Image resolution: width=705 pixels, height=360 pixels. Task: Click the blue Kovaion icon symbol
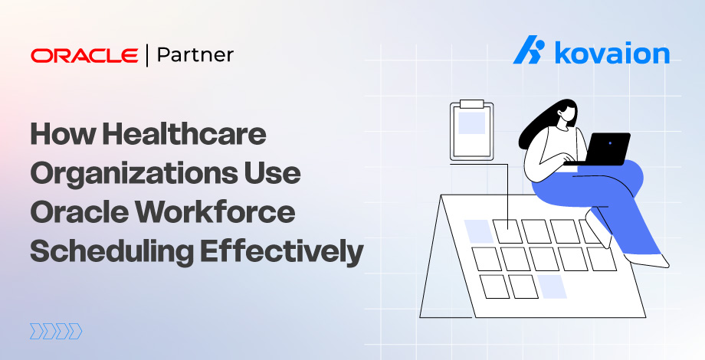click(x=528, y=51)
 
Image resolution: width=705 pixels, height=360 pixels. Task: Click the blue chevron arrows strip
click(x=55, y=331)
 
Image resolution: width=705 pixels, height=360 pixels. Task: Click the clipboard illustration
click(x=471, y=132)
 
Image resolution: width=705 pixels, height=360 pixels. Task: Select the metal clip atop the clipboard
click(x=471, y=103)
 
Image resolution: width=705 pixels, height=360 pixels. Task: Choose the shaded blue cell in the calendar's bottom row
click(x=551, y=286)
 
